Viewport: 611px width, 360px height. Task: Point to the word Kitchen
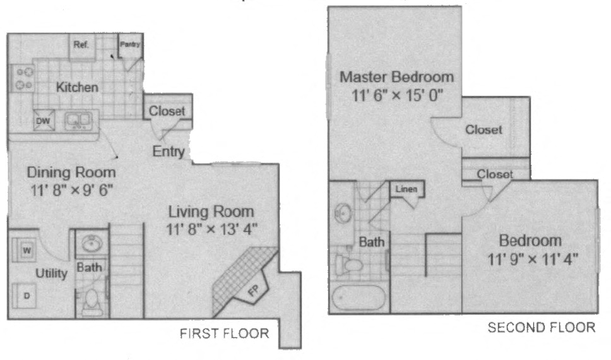pyautogui.click(x=77, y=87)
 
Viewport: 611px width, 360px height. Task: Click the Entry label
pyautogui.click(x=169, y=152)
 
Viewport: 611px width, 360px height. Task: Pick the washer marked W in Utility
pyautogui.click(x=27, y=250)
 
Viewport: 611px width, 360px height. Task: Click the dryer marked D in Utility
pyautogui.click(x=27, y=295)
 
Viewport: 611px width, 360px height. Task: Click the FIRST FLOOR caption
pyautogui.click(x=225, y=333)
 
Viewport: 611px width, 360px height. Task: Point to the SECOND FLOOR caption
pyautogui.click(x=542, y=327)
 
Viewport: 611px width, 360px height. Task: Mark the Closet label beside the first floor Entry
pyautogui.click(x=167, y=111)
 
